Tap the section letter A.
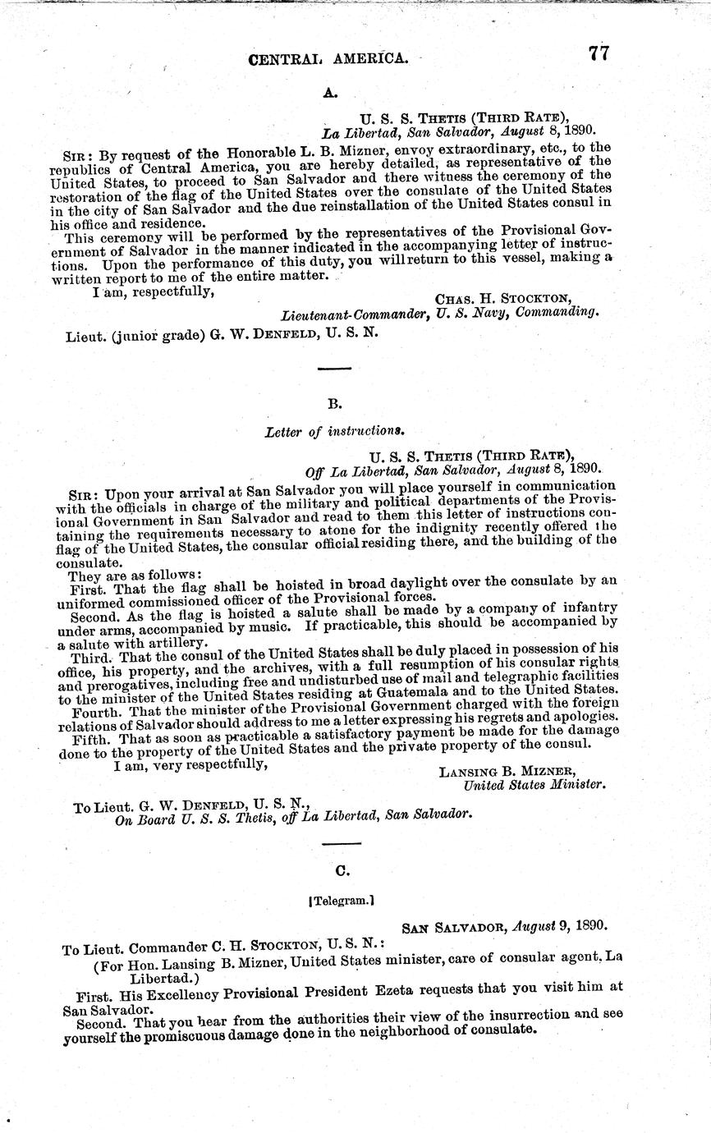click(330, 94)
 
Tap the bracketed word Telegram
click(341, 900)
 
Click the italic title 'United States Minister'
click(534, 784)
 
